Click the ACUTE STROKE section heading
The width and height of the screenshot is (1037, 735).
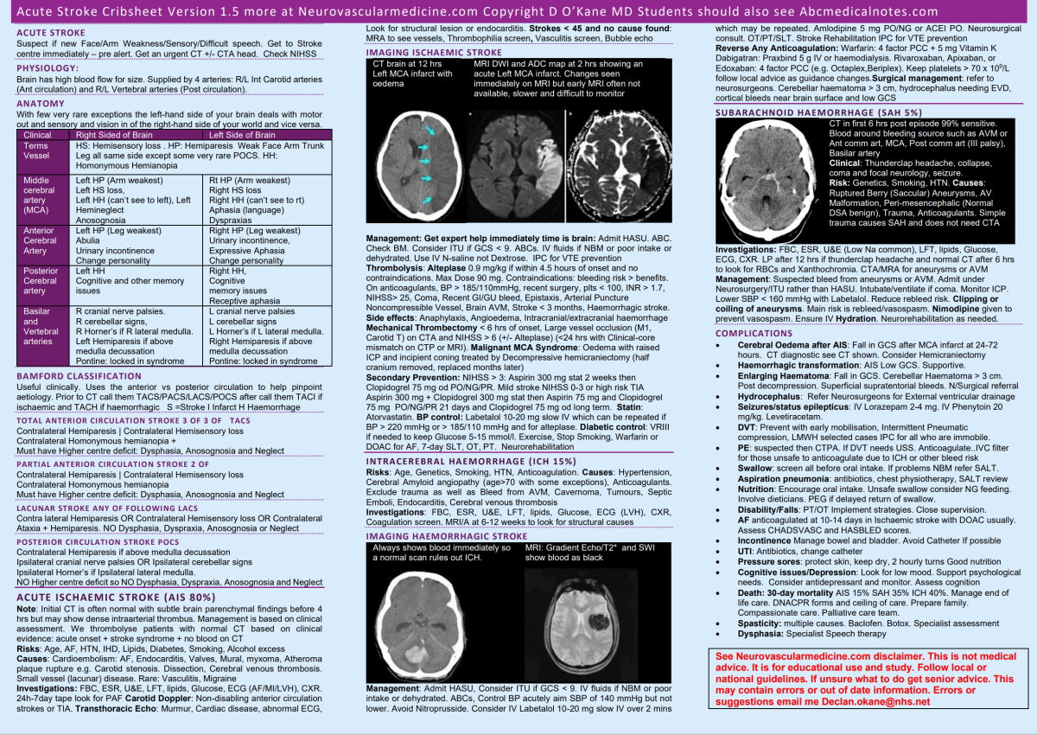click(51, 33)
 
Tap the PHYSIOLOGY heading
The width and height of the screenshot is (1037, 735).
click(48, 67)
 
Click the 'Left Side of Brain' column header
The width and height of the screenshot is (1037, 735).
click(251, 135)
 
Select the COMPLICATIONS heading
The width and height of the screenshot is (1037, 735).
click(754, 333)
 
